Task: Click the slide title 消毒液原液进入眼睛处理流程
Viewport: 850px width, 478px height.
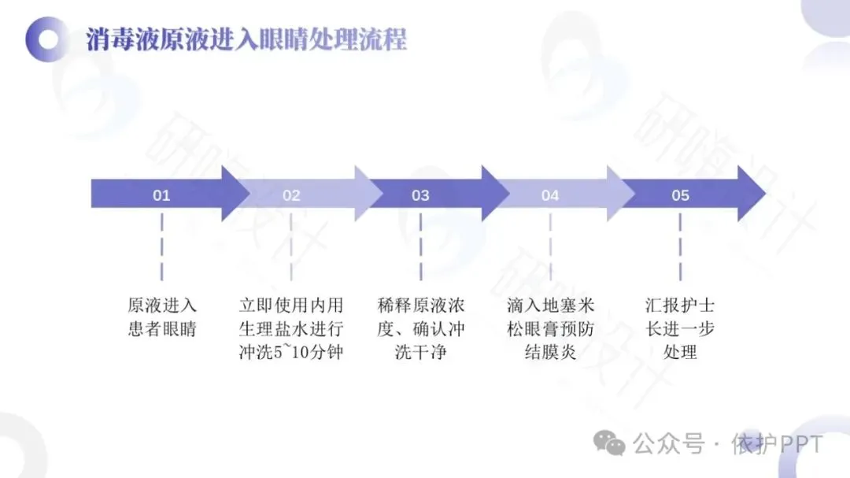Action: coord(246,39)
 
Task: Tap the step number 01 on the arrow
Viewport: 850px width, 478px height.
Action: coord(161,195)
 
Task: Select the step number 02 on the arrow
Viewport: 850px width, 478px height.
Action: coord(291,195)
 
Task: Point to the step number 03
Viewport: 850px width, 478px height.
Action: coord(420,195)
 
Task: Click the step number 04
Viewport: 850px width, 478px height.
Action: coord(549,195)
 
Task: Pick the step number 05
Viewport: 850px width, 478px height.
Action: coord(680,195)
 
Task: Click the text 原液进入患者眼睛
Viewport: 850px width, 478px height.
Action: coord(161,317)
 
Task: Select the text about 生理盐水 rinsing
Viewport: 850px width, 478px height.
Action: coord(291,328)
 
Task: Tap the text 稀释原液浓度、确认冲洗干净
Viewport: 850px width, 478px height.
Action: coord(420,328)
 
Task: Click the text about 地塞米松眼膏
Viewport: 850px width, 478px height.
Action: coord(550,328)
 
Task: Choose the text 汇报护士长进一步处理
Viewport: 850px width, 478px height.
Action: coord(680,328)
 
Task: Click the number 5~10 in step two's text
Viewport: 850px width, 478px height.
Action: coord(291,352)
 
